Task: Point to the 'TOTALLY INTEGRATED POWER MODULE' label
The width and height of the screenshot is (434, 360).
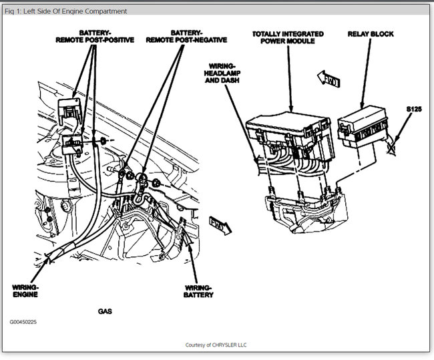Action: [x=288, y=37]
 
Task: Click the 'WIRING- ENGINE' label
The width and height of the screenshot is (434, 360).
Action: [x=25, y=291]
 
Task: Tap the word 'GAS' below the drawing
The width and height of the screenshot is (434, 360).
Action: [x=105, y=311]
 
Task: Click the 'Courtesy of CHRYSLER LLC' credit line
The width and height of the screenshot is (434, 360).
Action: [x=216, y=345]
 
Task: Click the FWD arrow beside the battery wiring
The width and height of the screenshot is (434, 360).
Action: [x=220, y=224]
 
